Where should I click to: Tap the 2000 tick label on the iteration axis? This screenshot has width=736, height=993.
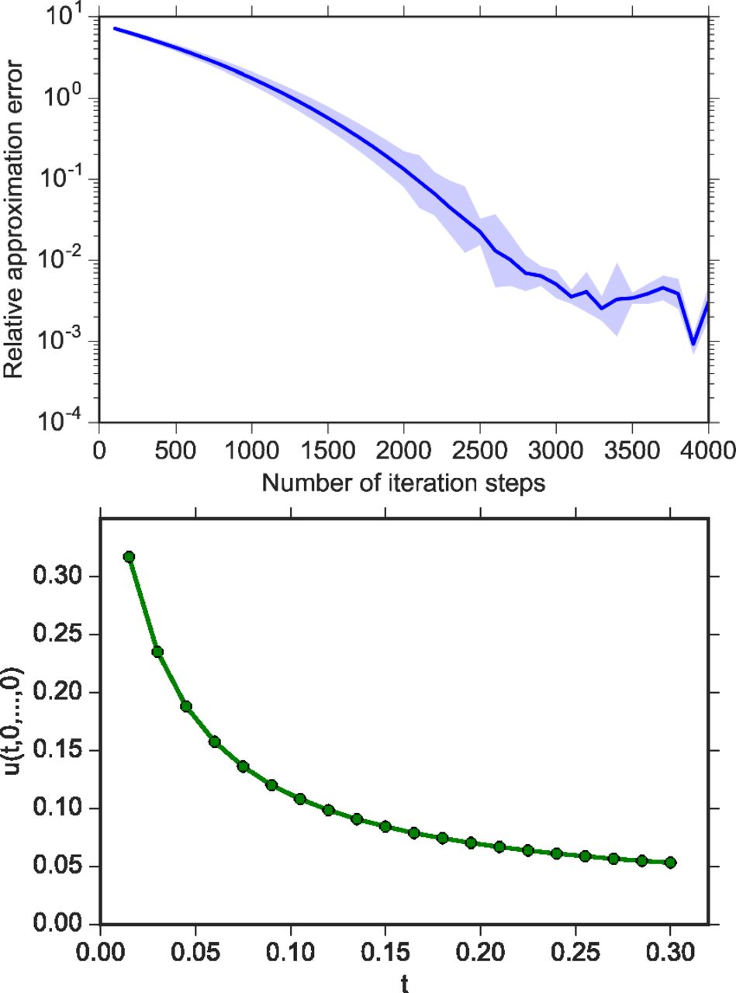click(x=403, y=452)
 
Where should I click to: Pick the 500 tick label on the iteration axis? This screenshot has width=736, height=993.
click(x=176, y=452)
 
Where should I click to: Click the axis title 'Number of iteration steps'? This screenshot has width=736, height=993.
click(x=403, y=483)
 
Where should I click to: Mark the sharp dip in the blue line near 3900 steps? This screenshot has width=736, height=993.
click(x=694, y=343)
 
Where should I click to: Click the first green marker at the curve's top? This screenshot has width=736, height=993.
click(x=129, y=556)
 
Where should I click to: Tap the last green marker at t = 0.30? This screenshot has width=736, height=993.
click(x=671, y=862)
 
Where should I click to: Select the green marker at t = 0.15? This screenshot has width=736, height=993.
click(x=385, y=827)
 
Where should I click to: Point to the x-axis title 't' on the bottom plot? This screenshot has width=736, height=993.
click(x=404, y=984)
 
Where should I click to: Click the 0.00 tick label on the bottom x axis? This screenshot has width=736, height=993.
click(x=101, y=951)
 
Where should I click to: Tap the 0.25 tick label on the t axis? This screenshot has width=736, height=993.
click(x=575, y=951)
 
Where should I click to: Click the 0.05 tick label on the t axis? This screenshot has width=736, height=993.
click(x=195, y=951)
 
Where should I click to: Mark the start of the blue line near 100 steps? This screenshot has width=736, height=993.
click(x=115, y=29)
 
